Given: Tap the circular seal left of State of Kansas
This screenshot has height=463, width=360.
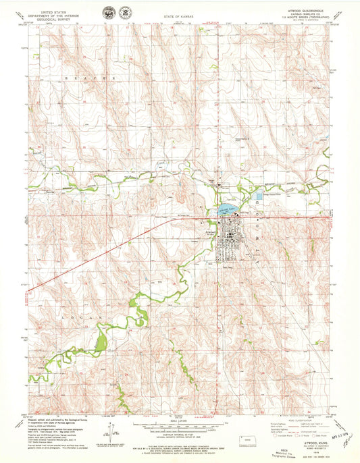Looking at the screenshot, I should (x=107, y=12).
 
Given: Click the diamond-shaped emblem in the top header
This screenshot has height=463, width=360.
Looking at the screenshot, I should (x=124, y=12).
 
